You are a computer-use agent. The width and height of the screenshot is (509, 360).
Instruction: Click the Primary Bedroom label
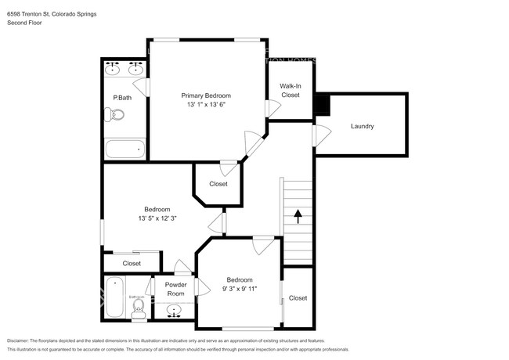click(x=206, y=95)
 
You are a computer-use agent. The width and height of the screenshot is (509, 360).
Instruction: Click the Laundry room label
click(x=362, y=126)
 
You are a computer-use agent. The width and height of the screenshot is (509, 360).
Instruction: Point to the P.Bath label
click(x=121, y=98)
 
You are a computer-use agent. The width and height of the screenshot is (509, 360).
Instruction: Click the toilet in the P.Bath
click(x=115, y=115)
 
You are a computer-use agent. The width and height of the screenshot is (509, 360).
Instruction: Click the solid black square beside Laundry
click(x=321, y=104)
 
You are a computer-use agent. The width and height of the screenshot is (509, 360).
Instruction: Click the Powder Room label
click(x=176, y=289)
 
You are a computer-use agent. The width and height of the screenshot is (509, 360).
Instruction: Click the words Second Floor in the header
click(x=24, y=23)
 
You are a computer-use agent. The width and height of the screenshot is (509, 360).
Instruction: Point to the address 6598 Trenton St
click(x=31, y=14)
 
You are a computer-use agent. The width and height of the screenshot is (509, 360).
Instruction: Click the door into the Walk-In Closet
click(x=272, y=107)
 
